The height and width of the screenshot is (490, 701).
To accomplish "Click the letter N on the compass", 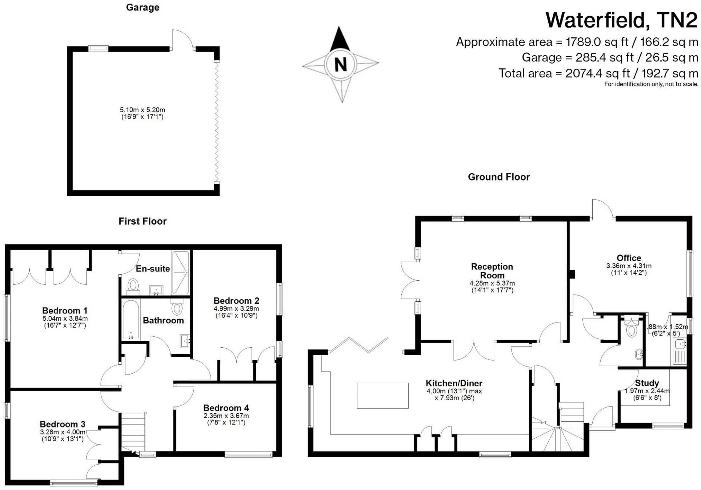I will [x=340, y=65].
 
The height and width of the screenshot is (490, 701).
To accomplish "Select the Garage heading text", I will [x=143, y=7].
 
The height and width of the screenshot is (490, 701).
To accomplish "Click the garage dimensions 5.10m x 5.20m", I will [x=143, y=110].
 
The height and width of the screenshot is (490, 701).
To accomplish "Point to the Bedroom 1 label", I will [x=65, y=311].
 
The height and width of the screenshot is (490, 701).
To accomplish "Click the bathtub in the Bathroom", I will [x=131, y=320].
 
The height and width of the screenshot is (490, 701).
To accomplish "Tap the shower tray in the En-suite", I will [x=181, y=272].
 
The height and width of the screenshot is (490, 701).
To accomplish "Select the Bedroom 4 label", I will [x=226, y=408].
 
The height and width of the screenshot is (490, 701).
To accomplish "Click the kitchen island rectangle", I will [x=382, y=396].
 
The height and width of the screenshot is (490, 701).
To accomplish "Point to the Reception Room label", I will [x=492, y=271].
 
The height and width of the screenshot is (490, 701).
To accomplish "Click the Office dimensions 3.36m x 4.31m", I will [x=629, y=266].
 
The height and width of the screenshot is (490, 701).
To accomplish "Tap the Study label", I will [x=647, y=383].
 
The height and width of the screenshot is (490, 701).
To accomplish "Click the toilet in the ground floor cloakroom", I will [x=632, y=331].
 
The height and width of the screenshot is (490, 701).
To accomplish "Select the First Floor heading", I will [x=143, y=221].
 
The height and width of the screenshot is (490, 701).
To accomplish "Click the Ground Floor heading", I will [x=498, y=177].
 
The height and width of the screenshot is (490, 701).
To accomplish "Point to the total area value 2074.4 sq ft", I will [x=597, y=73].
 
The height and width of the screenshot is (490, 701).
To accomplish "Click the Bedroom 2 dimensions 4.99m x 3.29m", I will [x=236, y=309].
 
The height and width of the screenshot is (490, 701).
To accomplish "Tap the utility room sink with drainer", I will [x=679, y=351].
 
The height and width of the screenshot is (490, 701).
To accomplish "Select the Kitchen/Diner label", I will [x=454, y=383].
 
